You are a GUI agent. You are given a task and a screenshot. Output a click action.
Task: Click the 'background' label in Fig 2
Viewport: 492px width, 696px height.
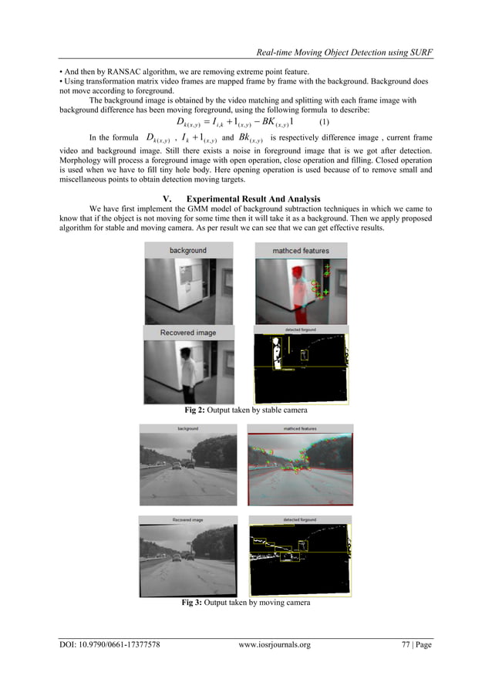pos(188,251)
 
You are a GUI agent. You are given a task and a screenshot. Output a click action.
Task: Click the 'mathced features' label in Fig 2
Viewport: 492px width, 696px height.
pos(301,251)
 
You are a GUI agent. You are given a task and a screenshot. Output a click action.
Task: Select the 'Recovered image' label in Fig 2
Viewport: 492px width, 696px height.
pos(188,333)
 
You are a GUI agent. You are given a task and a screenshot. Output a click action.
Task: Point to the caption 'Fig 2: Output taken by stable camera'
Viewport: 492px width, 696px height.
pos(246,410)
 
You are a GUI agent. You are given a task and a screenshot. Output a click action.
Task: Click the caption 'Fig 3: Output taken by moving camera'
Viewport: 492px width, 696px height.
pos(246,602)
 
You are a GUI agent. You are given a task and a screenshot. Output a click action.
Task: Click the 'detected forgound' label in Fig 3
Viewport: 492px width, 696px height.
pos(301,520)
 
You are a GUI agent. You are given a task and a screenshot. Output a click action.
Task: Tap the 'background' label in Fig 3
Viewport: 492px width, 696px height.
pos(187,428)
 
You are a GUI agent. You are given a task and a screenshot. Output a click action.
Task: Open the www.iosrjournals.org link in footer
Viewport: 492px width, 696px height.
pos(275,645)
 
